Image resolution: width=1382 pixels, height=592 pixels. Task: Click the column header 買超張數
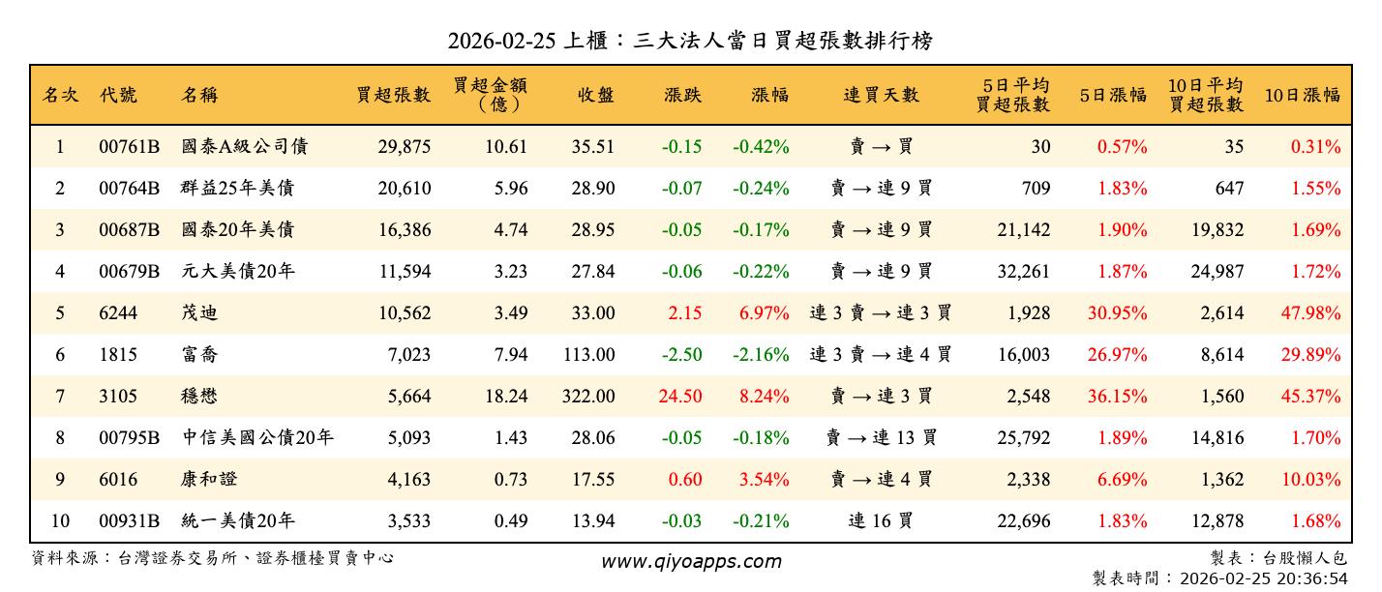(393, 95)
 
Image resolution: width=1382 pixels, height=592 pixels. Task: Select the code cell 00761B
(129, 147)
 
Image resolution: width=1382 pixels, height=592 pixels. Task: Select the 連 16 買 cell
(881, 521)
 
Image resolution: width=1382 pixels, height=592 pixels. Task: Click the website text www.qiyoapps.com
(691, 561)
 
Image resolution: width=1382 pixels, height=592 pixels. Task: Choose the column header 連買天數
(881, 95)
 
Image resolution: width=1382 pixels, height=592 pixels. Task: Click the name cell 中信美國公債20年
(257, 438)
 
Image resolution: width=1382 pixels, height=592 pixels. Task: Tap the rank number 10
(60, 521)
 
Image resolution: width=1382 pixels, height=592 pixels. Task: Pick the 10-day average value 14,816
(1217, 438)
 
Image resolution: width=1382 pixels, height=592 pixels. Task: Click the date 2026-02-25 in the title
(502, 41)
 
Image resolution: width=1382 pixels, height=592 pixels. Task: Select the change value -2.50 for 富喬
(682, 355)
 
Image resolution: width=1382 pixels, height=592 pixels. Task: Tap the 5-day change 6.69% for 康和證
(1123, 480)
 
